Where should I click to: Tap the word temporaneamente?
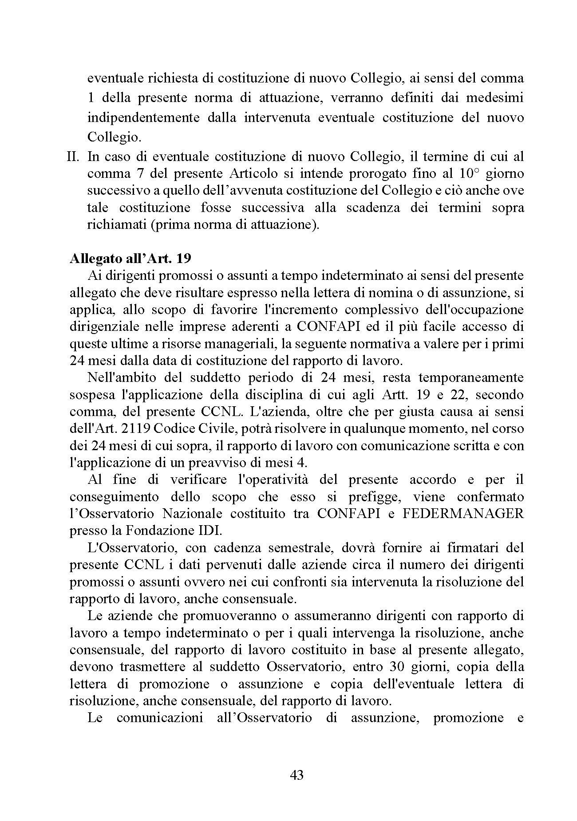point(472,377)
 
